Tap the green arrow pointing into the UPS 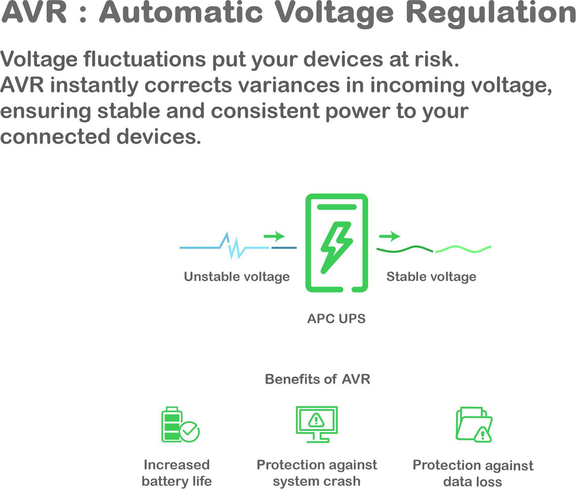click(x=275, y=237)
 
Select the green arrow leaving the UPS click(x=390, y=237)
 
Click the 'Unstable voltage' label click(x=237, y=277)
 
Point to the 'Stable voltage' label click(x=431, y=277)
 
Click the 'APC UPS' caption click(x=336, y=319)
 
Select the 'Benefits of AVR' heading click(x=317, y=379)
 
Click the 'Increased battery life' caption click(x=176, y=473)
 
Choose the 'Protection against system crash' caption click(x=317, y=473)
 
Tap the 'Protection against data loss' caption click(x=473, y=474)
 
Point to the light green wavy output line click(x=463, y=249)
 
